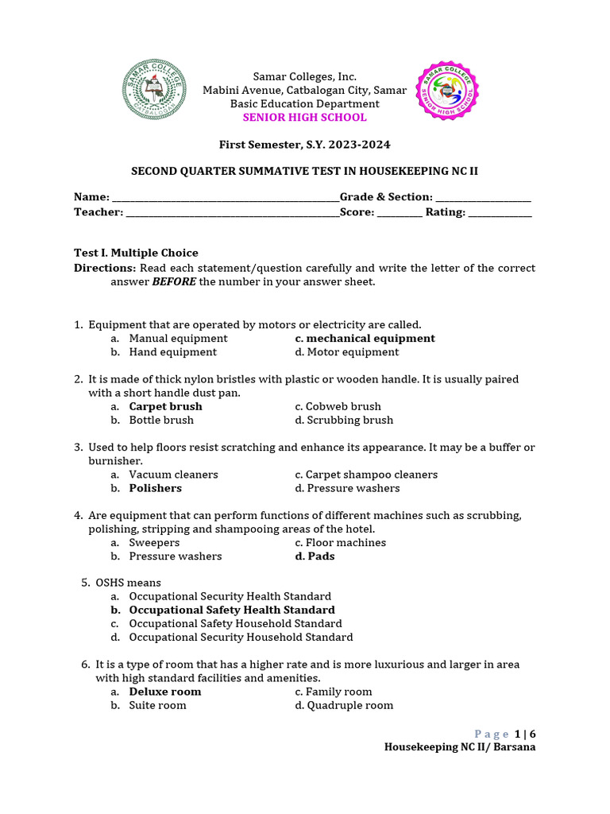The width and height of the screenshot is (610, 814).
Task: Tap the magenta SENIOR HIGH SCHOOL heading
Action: point(304,118)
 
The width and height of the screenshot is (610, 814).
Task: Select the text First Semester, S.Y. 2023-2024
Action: point(304,145)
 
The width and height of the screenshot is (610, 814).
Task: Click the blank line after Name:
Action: point(226,198)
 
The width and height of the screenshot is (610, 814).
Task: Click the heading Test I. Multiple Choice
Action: point(136,253)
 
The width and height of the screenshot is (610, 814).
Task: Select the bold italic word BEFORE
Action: point(174,281)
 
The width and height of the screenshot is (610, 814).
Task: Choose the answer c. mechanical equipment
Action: point(365,339)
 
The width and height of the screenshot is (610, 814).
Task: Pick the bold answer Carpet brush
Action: point(165,406)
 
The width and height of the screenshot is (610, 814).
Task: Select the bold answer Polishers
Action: point(155,488)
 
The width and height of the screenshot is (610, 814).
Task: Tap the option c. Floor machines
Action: point(340,543)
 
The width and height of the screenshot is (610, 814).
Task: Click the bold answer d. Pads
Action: point(315,556)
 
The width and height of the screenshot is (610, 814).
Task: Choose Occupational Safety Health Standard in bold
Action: point(232,610)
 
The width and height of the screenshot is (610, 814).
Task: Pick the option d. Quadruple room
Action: point(344,705)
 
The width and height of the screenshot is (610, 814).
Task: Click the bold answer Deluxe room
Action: point(165,692)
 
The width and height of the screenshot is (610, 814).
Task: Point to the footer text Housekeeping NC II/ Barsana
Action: point(460,747)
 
